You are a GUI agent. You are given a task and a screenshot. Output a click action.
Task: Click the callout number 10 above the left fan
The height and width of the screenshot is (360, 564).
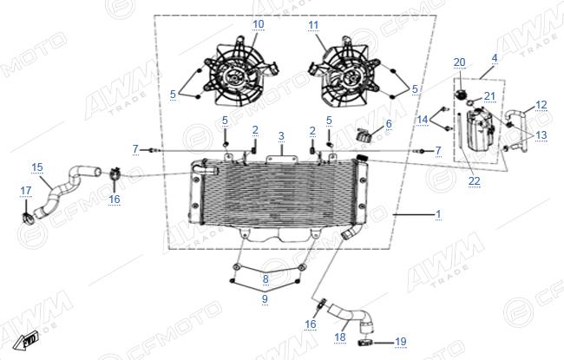[259, 24]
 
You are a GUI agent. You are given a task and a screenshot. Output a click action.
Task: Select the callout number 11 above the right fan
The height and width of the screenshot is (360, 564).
[313, 25]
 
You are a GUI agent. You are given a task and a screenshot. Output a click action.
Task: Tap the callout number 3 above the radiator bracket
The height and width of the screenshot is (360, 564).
[281, 136]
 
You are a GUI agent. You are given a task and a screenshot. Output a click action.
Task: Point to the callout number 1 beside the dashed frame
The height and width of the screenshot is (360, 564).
[438, 214]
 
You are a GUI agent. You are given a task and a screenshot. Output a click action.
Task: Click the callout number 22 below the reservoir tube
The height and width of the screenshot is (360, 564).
[474, 181]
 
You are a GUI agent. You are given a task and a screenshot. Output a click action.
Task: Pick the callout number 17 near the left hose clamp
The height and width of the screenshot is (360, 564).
[26, 191]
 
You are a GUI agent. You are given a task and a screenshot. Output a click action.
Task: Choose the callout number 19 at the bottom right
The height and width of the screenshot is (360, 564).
[401, 341]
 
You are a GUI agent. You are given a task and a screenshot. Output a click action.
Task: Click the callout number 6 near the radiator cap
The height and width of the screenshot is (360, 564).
[389, 124]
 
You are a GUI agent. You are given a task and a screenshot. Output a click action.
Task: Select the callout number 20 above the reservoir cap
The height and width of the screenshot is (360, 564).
[459, 62]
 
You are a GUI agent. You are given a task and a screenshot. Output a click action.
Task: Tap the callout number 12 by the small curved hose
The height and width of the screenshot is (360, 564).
[541, 105]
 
